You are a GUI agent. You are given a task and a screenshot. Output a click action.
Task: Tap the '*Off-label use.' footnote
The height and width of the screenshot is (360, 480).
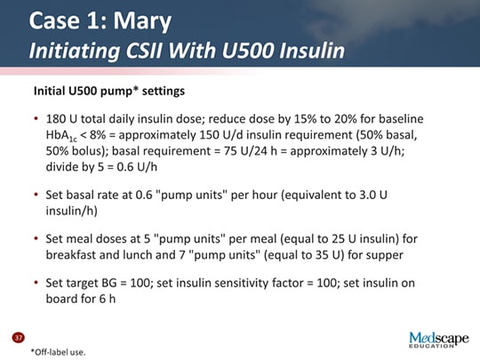click(x=58, y=351)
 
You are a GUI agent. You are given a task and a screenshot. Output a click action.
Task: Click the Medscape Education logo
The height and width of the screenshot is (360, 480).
click(x=437, y=340)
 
